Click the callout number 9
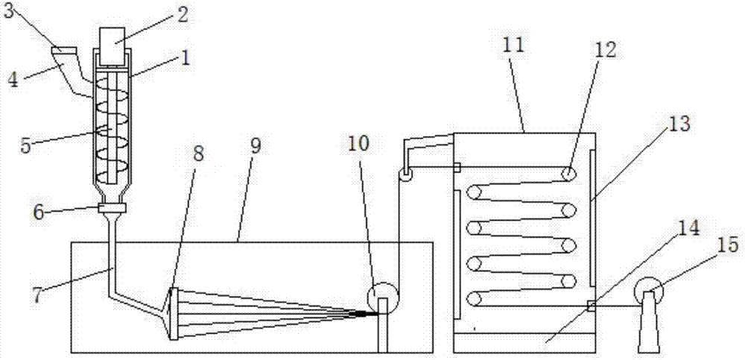(x=255, y=145)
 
